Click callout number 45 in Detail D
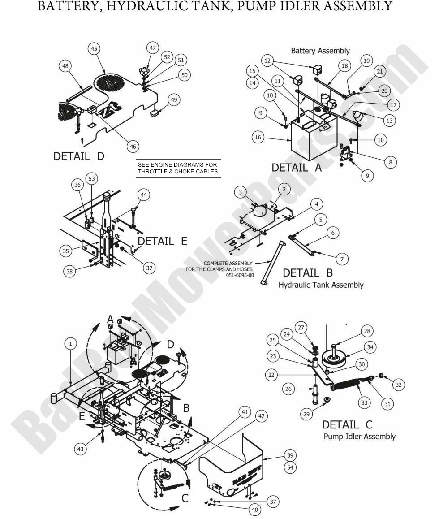[x=95, y=49]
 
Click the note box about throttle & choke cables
[x=178, y=168]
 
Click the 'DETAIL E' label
[x=162, y=241]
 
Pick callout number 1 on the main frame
[x=70, y=344]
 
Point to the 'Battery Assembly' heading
[x=320, y=51]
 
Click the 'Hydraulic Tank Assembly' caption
[x=321, y=285]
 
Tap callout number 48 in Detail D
[x=65, y=66]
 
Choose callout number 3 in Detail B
[x=241, y=192]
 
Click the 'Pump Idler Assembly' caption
[x=359, y=436]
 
